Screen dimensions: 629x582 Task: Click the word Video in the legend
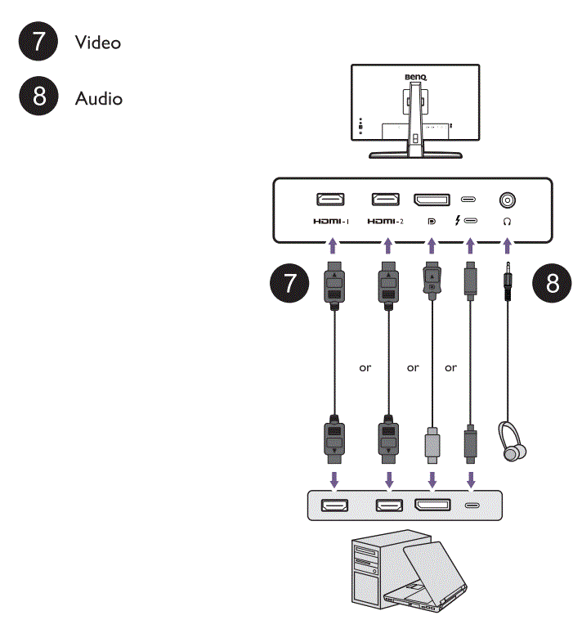97,43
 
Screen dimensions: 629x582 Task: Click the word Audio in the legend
98,98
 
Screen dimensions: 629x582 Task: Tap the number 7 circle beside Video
38,43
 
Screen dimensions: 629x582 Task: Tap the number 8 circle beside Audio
38,98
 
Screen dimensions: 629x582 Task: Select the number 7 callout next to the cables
290,285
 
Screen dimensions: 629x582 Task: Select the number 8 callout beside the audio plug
553,285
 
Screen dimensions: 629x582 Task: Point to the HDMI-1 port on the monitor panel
330,200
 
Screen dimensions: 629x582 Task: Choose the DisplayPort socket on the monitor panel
431,200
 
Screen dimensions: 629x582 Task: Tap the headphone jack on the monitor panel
508,200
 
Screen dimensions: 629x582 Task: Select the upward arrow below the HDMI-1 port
331,245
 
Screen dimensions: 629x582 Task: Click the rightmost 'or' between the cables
450,368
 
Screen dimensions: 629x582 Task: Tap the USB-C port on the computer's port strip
472,505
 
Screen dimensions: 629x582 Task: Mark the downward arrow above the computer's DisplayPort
432,477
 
